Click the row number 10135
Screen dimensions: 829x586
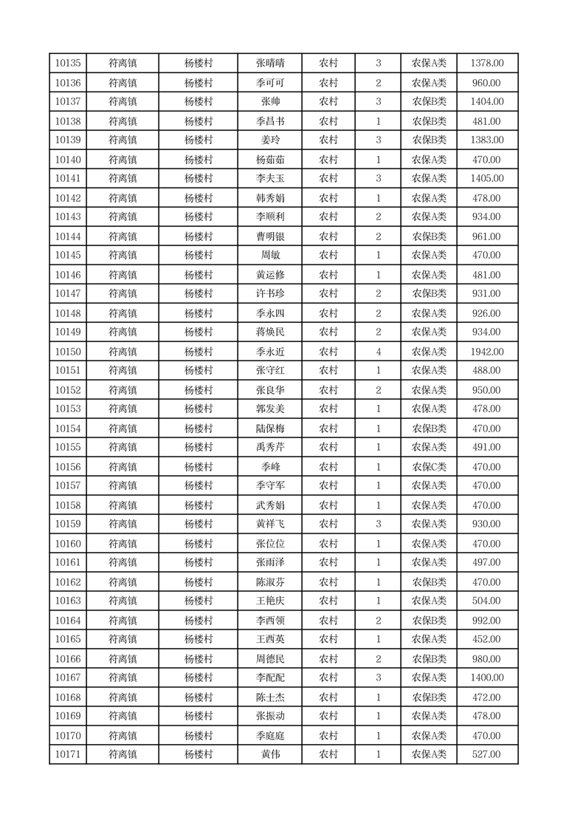(68, 64)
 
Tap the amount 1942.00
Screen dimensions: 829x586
(487, 352)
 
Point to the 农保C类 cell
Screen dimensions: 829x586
(429, 467)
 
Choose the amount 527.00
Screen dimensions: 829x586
(487, 754)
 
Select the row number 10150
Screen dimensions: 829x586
(68, 352)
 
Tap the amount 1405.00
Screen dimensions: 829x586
(487, 179)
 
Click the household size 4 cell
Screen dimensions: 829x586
(378, 352)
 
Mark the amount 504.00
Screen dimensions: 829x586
(487, 601)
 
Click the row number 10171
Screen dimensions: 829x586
(68, 754)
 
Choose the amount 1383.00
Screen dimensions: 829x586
(487, 140)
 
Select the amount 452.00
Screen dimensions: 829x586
(487, 639)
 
